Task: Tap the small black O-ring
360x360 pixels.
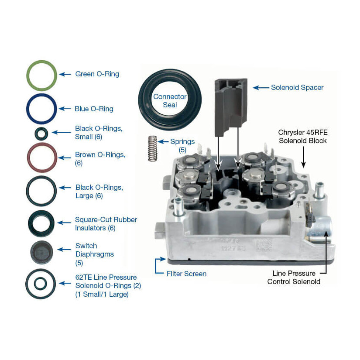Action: click(x=41, y=132)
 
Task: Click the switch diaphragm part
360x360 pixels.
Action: click(x=41, y=252)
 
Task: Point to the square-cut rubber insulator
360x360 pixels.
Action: click(x=41, y=223)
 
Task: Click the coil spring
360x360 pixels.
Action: click(x=152, y=148)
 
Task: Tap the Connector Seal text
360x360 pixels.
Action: click(x=170, y=100)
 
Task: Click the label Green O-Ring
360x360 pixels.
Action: click(x=97, y=74)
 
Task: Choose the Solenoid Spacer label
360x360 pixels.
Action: click(x=297, y=87)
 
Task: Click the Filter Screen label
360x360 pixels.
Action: click(x=186, y=274)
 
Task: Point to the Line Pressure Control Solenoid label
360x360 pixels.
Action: click(x=294, y=278)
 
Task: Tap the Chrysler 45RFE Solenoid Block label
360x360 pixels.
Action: click(x=302, y=136)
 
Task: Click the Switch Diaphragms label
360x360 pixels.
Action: click(x=94, y=254)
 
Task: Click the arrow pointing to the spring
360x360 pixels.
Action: click(x=163, y=142)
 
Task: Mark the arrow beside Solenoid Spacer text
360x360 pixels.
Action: click(x=261, y=88)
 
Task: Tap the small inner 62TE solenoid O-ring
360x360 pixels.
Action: click(x=41, y=284)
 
